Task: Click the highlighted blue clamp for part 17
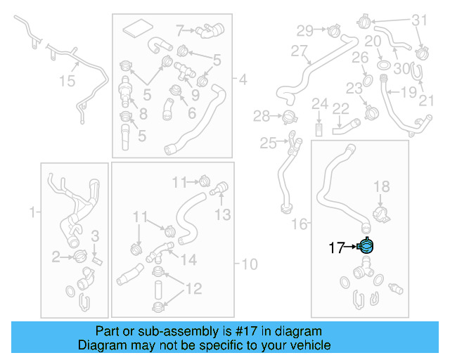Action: pos(366,246)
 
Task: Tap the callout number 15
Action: pos(66,82)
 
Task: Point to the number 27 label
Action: pos(300,51)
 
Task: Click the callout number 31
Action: pos(419,20)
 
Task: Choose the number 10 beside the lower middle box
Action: pos(250,264)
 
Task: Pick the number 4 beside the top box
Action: pos(243,80)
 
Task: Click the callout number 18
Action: pos(380,186)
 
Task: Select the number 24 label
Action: pos(320,105)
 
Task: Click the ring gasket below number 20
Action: pos(384,65)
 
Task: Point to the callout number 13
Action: pos(222,214)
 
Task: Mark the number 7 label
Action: pos(180,30)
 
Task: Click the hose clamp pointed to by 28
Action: pos(288,116)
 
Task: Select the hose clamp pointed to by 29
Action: pos(333,30)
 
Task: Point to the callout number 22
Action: pos(341,108)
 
